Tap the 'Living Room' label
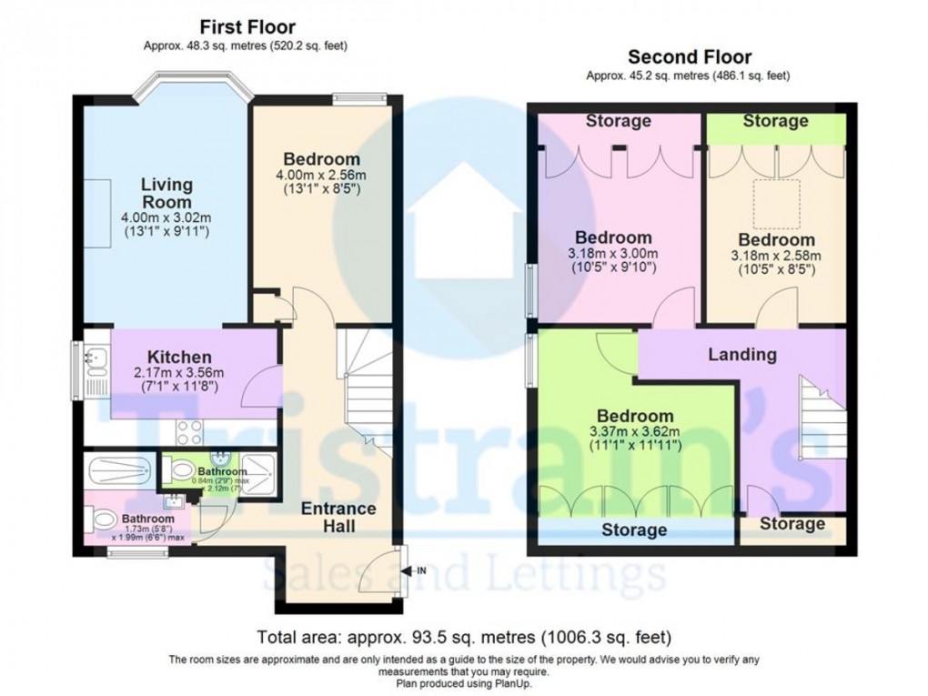166,193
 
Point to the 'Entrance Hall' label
338,517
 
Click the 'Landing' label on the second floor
742,355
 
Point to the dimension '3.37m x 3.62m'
631,432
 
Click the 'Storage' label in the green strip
774,121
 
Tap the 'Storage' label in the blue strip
634,530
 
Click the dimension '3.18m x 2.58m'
776,256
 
